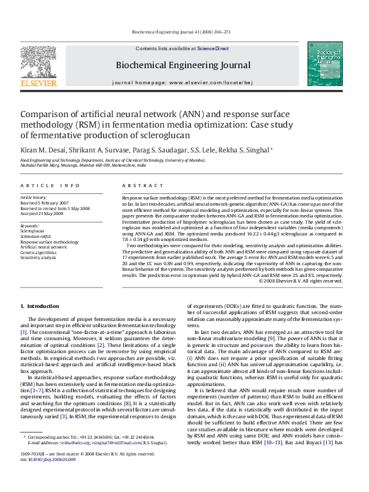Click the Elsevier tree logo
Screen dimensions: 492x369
[38, 61]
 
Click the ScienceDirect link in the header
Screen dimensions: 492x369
[213, 48]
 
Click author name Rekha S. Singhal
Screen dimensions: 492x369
[245, 150]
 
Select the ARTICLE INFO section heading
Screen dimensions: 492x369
[50, 185]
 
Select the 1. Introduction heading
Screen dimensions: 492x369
[40, 306]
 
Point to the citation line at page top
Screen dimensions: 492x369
[182, 32]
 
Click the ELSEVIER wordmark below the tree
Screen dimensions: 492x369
[38, 83]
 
